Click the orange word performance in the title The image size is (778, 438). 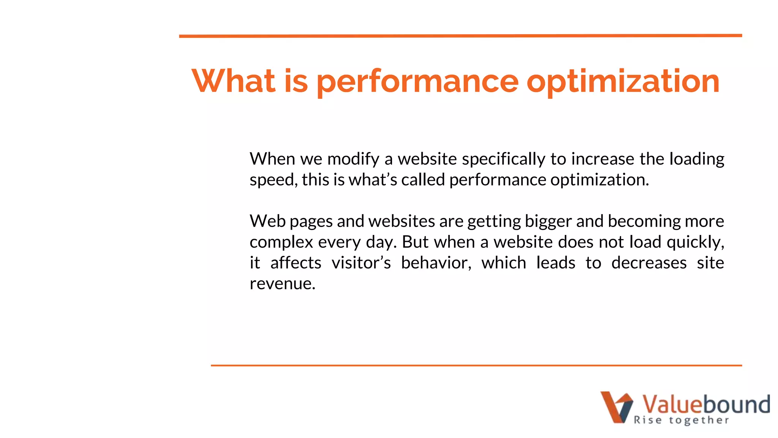click(417, 81)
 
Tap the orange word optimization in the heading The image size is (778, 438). click(623, 81)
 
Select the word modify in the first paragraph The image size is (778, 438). click(353, 159)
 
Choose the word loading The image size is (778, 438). click(696, 159)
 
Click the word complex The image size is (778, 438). click(281, 242)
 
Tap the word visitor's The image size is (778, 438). click(361, 263)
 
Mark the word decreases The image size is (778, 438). click(648, 263)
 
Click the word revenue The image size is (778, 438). click(282, 284)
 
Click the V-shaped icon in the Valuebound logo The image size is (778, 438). click(616, 407)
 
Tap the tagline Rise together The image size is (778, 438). click(681, 420)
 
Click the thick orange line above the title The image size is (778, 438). click(460, 36)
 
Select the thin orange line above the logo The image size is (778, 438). click(476, 365)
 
